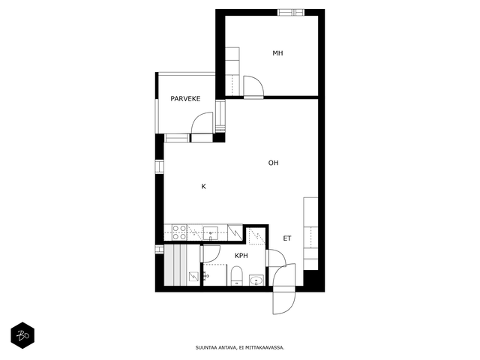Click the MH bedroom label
tap(277, 53)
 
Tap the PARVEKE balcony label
tap(185, 98)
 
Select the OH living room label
tap(273, 163)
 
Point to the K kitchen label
tap(203, 187)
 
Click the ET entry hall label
tap(286, 238)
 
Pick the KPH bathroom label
tap(241, 256)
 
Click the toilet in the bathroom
tap(237, 276)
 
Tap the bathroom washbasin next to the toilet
tap(256, 280)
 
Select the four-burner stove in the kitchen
tap(179, 232)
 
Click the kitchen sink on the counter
tap(211, 233)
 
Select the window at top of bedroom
tap(291, 12)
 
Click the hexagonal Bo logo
tap(22, 335)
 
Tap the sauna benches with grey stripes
tap(175, 265)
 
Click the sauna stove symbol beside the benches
tap(193, 277)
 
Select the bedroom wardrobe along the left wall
tap(232, 72)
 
